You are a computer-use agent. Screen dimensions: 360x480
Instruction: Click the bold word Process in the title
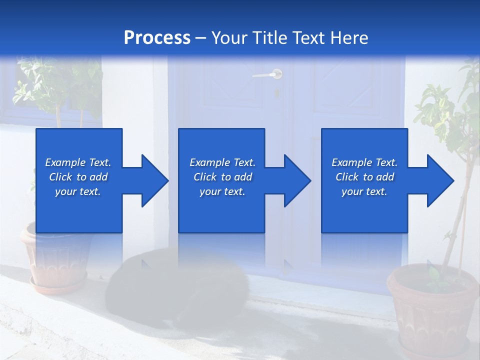(x=157, y=37)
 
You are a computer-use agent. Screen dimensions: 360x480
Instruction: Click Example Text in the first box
(x=78, y=162)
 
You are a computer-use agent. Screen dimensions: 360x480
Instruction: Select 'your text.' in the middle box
(x=222, y=191)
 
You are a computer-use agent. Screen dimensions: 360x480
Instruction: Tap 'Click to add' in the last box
(x=364, y=177)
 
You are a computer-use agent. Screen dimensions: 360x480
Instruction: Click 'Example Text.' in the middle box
(x=222, y=162)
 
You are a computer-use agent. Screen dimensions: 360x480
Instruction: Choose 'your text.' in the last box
(x=364, y=191)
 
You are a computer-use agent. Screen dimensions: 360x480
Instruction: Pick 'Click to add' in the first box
(x=78, y=177)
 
